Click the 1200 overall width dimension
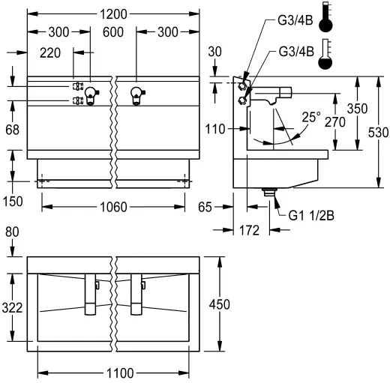[x=112, y=13]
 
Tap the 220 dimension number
[x=50, y=52]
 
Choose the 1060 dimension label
[x=112, y=207]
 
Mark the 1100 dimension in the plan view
[x=112, y=373]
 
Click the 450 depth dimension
[x=230, y=304]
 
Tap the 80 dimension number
[x=12, y=232]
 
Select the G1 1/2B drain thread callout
[x=312, y=215]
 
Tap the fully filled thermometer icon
[x=325, y=19]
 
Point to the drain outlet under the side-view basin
[x=269, y=193]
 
